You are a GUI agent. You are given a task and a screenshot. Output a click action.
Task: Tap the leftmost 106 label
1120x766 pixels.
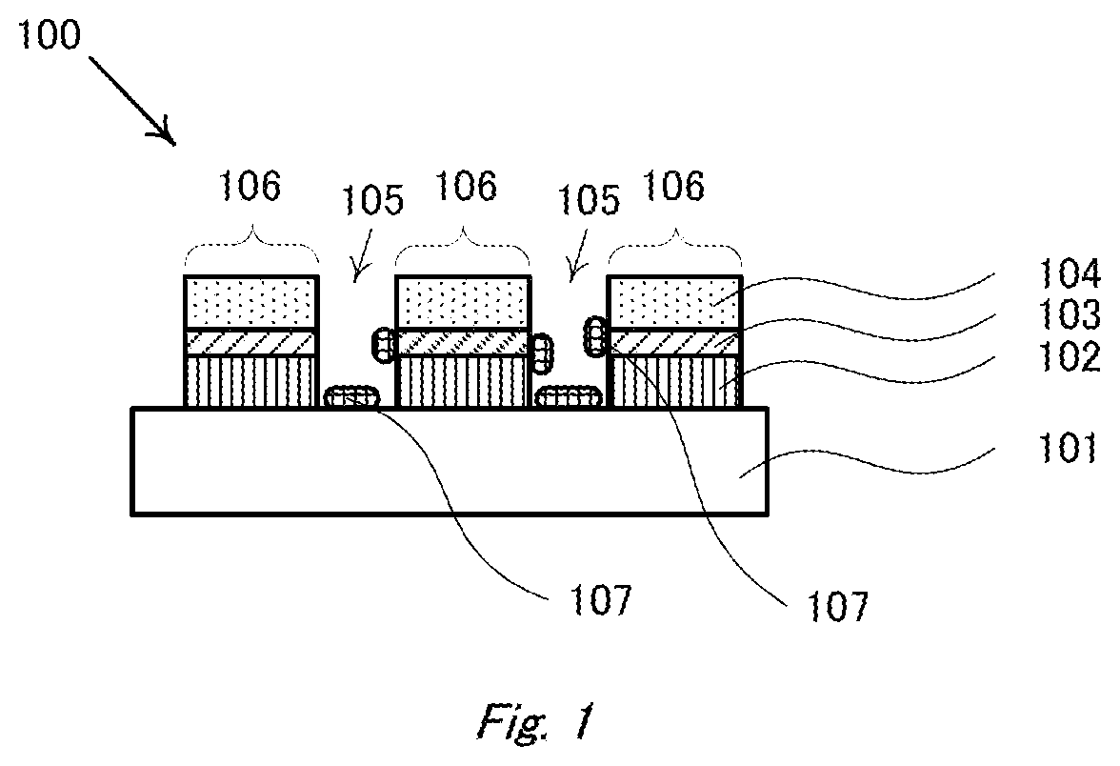click(251, 187)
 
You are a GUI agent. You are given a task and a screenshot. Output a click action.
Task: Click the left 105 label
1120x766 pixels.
click(372, 200)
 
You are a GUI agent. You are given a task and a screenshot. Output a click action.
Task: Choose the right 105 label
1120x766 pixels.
click(589, 200)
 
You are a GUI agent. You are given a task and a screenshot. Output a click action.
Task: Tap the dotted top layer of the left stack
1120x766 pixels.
click(250, 302)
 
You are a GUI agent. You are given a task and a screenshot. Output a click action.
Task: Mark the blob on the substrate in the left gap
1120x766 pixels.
click(353, 397)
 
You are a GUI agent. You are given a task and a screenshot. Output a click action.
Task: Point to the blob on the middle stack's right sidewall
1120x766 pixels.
click(539, 353)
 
